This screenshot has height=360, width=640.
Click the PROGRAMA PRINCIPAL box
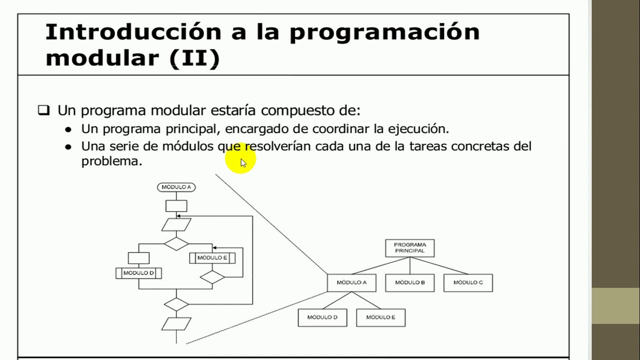point(409,248)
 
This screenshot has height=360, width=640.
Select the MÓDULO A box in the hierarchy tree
point(351,282)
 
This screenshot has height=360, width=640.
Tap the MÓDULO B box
point(410,282)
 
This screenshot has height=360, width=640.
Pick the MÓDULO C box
point(468,282)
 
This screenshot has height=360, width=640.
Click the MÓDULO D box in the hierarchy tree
point(322,317)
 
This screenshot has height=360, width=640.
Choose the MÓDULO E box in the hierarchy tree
point(380,317)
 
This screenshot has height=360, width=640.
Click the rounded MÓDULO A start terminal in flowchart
point(176,187)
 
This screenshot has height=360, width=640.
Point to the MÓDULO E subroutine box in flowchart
point(212,258)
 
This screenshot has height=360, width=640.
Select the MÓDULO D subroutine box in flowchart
point(138,273)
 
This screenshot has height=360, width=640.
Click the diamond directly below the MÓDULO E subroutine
point(212,277)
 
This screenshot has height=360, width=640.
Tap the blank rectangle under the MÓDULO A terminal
point(176,205)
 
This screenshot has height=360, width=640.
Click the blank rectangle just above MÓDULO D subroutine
point(138,258)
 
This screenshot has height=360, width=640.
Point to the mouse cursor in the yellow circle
point(243,162)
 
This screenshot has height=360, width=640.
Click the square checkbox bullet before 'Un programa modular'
point(44,110)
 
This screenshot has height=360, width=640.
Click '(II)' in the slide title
point(194,58)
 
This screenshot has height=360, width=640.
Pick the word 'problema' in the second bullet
point(111,161)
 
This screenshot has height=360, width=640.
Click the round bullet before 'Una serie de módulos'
point(68,146)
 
